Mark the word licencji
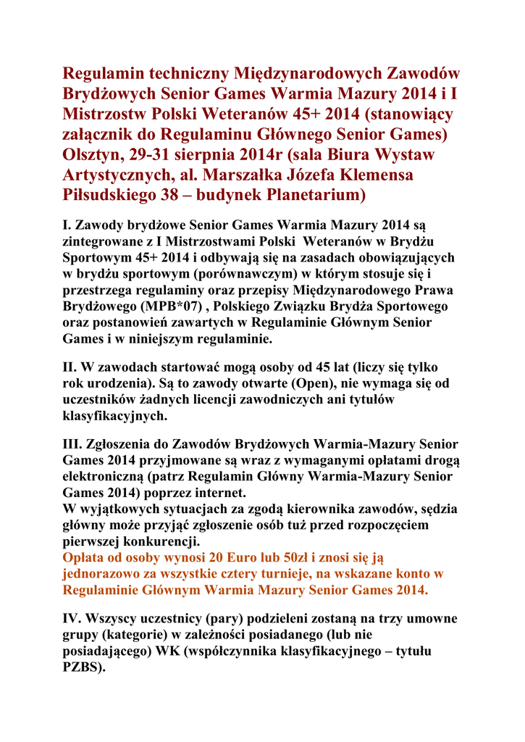[220, 401]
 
